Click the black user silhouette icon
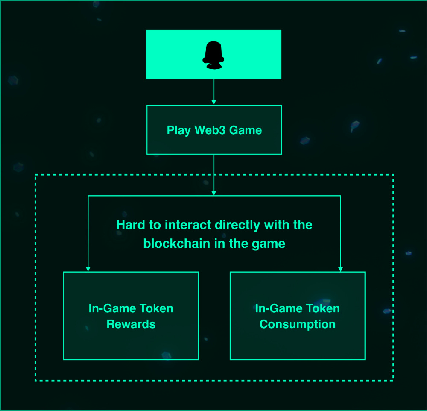[x=213, y=56]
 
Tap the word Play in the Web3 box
[x=178, y=130]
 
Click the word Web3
[x=210, y=130]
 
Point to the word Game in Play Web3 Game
[x=246, y=130]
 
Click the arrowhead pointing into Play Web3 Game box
[x=213, y=103]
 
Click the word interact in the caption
[x=188, y=225]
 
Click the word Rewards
[x=131, y=324]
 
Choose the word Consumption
[x=298, y=324]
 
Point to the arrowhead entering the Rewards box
[x=88, y=269]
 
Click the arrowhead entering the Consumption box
[x=340, y=269]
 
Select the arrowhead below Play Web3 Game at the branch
[x=213, y=193]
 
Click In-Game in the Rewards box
[x=113, y=308]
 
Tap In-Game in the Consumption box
[x=280, y=308]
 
